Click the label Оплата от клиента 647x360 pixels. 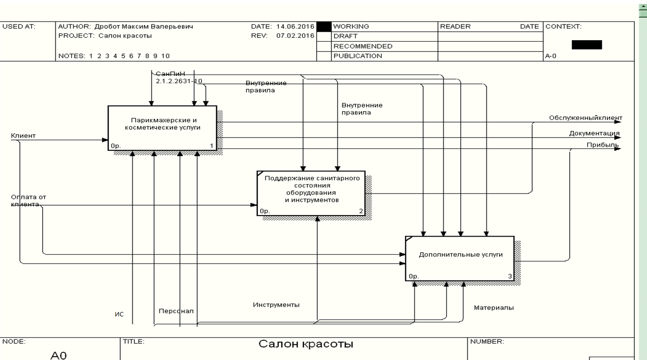click(x=28, y=201)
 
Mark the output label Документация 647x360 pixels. click(x=594, y=133)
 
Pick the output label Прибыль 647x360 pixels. click(x=602, y=145)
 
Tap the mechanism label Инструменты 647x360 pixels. click(x=276, y=305)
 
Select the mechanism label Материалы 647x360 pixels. click(x=494, y=308)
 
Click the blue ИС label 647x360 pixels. click(x=119, y=314)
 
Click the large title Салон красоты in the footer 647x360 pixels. click(x=306, y=344)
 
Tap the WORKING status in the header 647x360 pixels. click(x=351, y=26)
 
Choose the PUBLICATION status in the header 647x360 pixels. click(x=357, y=56)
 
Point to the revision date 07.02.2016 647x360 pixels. click(x=296, y=36)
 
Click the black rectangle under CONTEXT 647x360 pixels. click(x=587, y=45)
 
